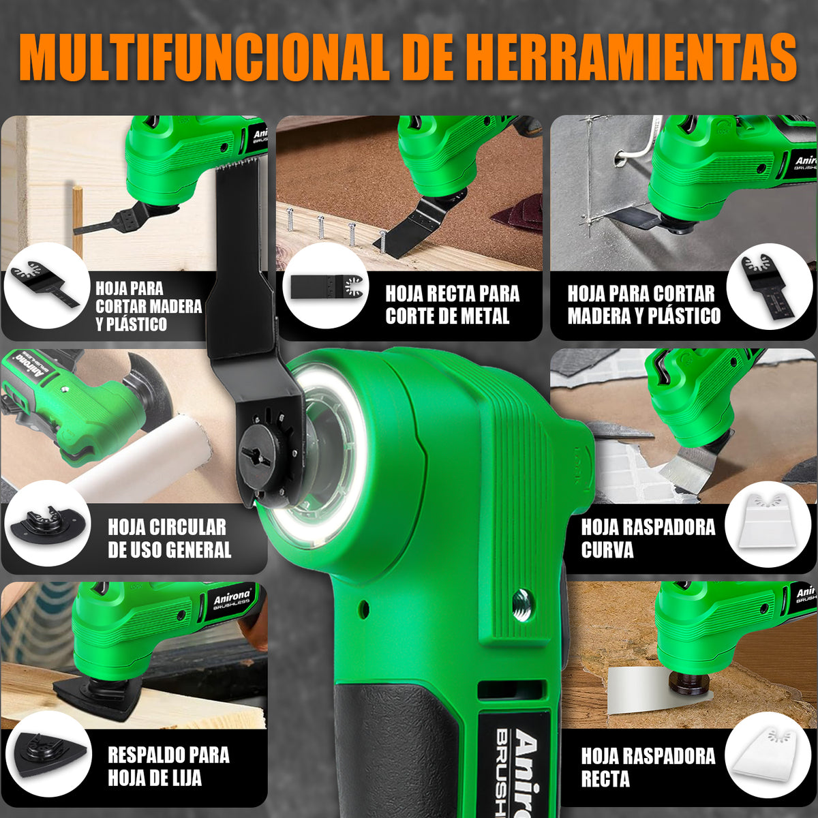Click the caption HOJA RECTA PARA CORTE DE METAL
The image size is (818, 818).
point(453,304)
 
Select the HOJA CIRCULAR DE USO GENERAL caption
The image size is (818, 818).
point(169,539)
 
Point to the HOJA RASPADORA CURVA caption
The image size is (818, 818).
point(648,539)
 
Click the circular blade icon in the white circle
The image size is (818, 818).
point(47,524)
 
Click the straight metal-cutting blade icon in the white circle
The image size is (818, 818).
point(327,286)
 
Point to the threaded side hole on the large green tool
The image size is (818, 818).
point(522,604)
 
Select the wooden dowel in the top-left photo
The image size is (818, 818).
point(77,221)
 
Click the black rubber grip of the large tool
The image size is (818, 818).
point(395,747)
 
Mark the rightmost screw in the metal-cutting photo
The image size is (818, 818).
point(382,242)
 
